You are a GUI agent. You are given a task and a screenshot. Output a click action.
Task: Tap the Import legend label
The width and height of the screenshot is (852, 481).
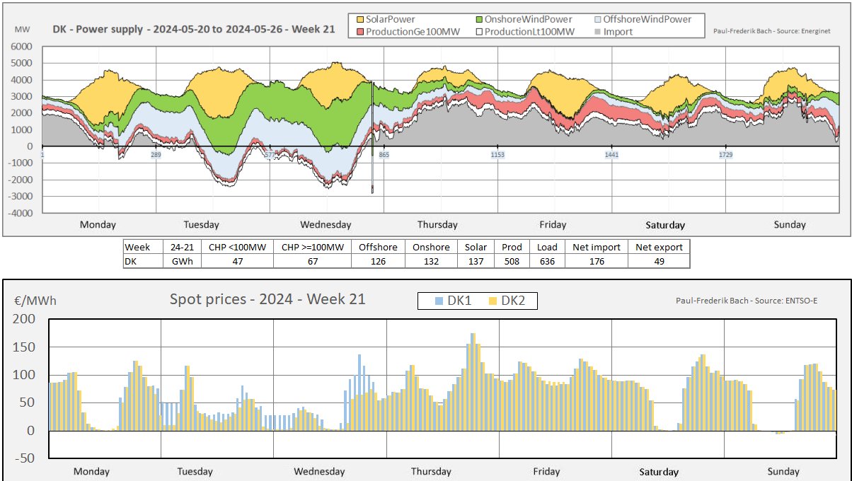point(618,32)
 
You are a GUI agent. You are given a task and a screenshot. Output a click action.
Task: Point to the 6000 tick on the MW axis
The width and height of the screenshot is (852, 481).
point(22,47)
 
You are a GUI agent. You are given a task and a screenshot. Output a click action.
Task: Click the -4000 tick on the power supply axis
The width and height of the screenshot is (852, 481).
point(20,213)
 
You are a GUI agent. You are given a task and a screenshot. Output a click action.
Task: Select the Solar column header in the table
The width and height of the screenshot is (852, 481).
point(476,247)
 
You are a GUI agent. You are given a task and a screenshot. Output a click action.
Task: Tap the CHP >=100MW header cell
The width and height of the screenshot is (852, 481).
point(312,247)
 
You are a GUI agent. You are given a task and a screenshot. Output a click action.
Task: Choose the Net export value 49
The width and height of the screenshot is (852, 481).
point(659,261)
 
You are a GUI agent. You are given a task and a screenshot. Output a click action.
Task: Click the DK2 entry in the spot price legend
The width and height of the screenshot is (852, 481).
point(509,301)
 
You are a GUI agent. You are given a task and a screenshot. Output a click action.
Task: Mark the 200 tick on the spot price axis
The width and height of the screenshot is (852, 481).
point(24,319)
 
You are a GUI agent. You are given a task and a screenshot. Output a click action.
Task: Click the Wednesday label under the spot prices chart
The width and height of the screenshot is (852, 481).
point(319,472)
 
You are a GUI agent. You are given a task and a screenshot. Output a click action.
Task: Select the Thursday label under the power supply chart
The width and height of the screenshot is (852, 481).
point(437,225)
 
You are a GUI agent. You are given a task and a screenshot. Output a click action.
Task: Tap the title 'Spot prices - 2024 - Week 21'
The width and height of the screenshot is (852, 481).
point(267,299)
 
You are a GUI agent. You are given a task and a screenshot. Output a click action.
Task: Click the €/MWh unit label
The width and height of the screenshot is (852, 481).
point(35,301)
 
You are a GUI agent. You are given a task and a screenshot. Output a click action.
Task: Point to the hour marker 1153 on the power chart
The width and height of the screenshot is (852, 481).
point(497,154)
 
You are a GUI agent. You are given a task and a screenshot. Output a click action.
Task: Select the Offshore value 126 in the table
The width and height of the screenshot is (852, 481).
point(378,261)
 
